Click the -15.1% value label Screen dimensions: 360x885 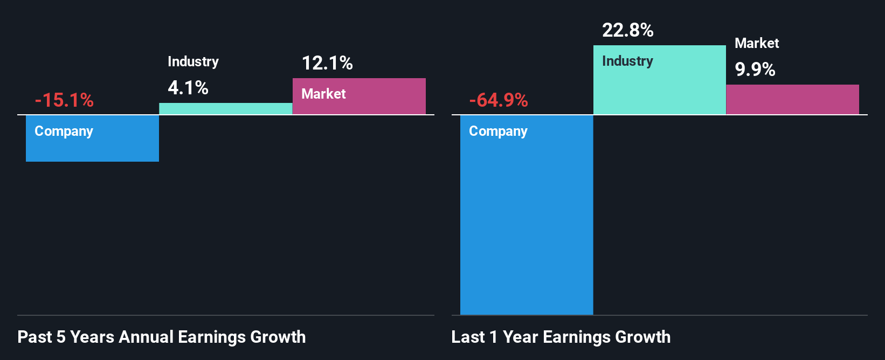64,100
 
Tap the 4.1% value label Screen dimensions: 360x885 188,87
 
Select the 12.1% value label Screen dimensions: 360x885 327,63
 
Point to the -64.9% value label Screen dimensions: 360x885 499,100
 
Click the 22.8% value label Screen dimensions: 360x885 628,30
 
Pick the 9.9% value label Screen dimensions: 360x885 755,70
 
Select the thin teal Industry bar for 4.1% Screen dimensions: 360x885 225,108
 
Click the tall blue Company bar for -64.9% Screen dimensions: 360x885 526,226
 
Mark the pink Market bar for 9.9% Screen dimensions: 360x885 792,99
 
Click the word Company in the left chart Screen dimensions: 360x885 64,131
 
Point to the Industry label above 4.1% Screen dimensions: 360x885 193,61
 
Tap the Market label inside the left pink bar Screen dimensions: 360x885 323,94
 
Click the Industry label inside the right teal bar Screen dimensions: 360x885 627,61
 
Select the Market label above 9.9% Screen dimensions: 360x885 757,43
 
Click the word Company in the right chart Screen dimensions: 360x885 498,131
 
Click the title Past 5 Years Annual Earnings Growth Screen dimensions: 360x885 161,337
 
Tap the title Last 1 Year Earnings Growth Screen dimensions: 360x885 561,337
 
